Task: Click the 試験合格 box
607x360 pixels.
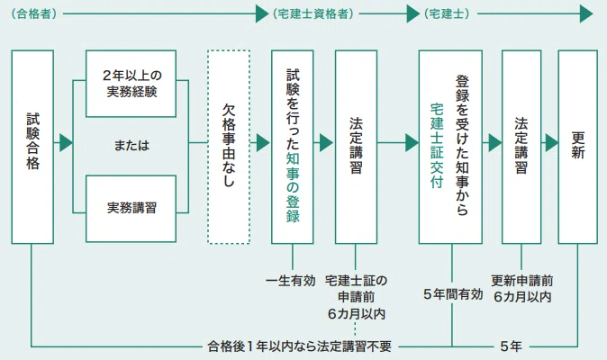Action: click(x=32, y=147)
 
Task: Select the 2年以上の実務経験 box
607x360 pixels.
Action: click(x=131, y=84)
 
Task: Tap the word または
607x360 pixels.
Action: click(x=131, y=146)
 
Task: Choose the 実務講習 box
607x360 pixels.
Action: click(x=131, y=209)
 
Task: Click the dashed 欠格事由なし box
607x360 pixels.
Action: click(x=229, y=147)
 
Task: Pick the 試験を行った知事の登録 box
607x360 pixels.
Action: click(x=293, y=147)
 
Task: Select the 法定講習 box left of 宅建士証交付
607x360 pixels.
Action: click(x=356, y=147)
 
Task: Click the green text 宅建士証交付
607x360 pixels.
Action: click(x=437, y=146)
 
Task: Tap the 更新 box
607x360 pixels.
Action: click(x=577, y=147)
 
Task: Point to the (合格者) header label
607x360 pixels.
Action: click(x=34, y=13)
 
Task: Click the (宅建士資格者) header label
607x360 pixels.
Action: click(x=313, y=13)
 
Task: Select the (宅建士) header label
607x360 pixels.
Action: click(x=447, y=13)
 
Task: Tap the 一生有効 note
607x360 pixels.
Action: click(x=291, y=281)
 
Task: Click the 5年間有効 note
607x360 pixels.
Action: click(x=453, y=294)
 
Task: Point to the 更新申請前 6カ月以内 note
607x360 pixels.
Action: click(x=522, y=289)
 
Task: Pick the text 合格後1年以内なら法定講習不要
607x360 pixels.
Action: click(x=299, y=346)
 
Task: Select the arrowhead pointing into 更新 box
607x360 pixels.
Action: click(x=551, y=143)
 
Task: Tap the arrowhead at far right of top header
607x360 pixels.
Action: click(x=586, y=13)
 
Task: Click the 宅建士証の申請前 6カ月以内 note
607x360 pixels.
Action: click(x=356, y=297)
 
